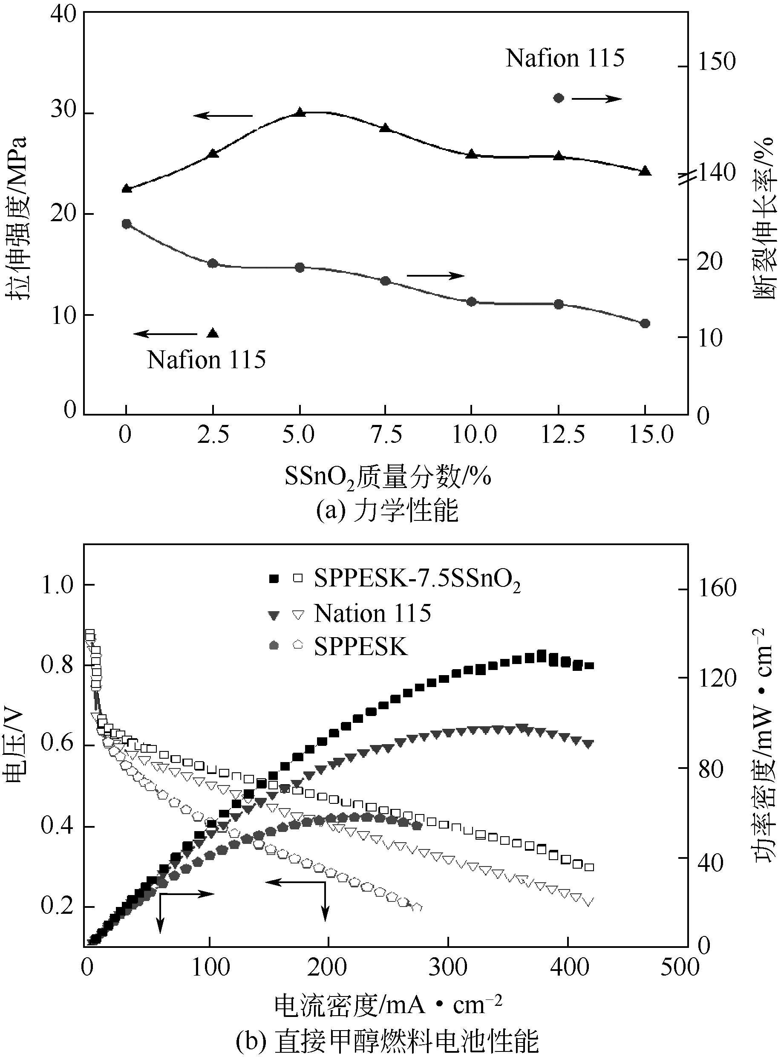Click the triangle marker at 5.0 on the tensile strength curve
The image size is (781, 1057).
pyautogui.click(x=299, y=113)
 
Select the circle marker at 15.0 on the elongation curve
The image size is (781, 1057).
pyautogui.click(x=645, y=323)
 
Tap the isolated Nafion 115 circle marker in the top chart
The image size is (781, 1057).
pyautogui.click(x=559, y=98)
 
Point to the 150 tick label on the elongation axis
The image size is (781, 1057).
pyautogui.click(x=717, y=62)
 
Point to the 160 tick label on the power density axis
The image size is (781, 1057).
pyautogui.click(x=718, y=589)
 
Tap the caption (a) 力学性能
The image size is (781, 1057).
pyautogui.click(x=387, y=511)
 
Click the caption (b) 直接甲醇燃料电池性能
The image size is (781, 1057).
pyautogui.click(x=387, y=1040)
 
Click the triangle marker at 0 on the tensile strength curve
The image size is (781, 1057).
pyautogui.click(x=126, y=188)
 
